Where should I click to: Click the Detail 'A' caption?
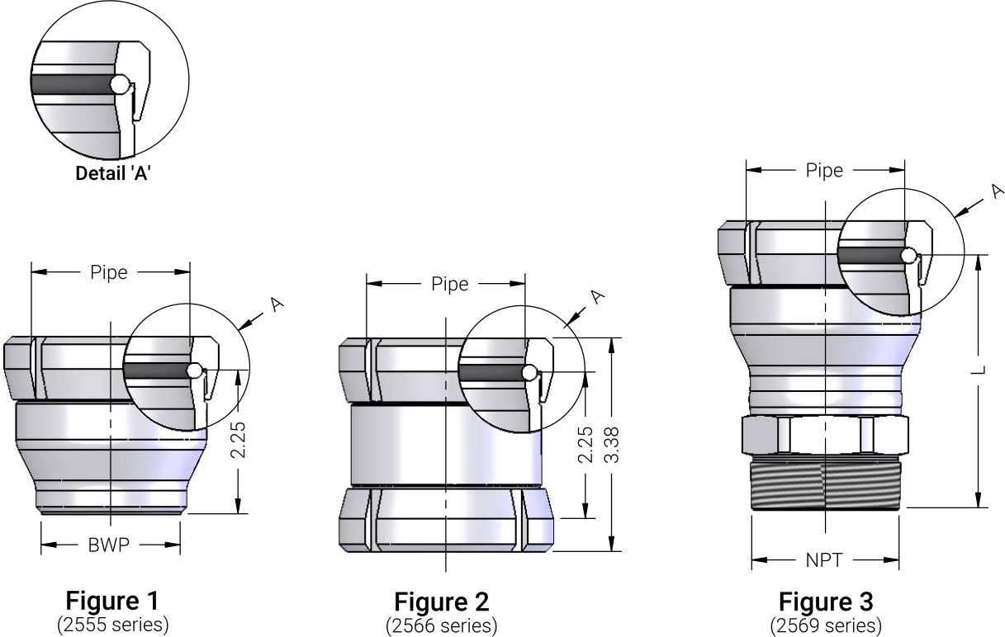[x=112, y=173]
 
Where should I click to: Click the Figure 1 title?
[x=112, y=601]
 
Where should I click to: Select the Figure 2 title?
[x=442, y=602]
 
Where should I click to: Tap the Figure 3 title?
[x=826, y=602]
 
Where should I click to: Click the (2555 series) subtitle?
[x=112, y=625]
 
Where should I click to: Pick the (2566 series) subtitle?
[x=442, y=626]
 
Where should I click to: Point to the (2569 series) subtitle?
[x=826, y=626]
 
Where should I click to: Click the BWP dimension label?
[x=108, y=545]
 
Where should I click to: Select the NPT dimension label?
[x=824, y=560]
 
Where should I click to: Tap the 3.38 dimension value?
[x=612, y=445]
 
